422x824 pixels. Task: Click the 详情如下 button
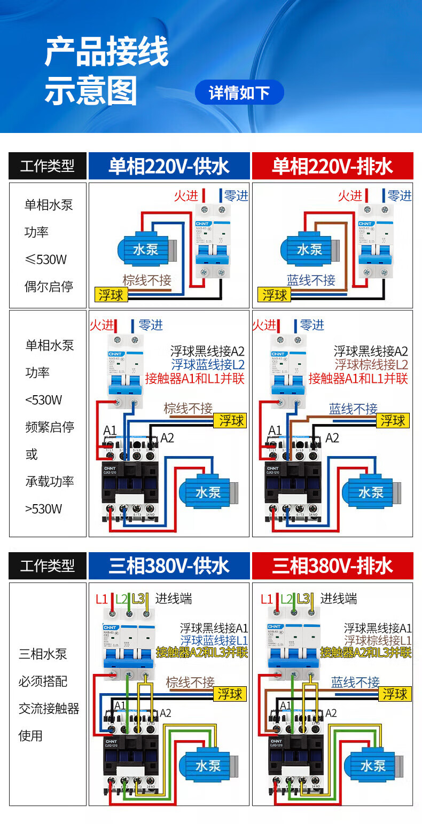coord(239,93)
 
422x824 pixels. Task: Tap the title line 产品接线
coord(106,52)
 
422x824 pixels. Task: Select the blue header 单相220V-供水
coord(169,166)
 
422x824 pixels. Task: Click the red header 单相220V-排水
coord(332,166)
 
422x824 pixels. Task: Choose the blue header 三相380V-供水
coord(169,566)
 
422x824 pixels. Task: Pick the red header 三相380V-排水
coord(332,566)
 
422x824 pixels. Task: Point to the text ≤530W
coord(46,260)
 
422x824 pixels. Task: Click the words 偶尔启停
coord(49,287)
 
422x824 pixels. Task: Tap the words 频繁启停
coord(50,427)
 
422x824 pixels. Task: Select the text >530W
coord(44,508)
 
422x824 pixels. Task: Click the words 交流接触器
coord(49,709)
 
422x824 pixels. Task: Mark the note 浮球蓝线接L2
coord(208,365)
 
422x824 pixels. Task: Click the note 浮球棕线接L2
coord(371,365)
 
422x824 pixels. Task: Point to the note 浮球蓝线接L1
coord(214,640)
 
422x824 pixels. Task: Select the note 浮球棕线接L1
coord(378,640)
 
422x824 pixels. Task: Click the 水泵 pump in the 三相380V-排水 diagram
coord(372,765)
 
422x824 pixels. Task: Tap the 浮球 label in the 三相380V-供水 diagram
coord(230,694)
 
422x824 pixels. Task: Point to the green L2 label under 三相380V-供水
coord(122,599)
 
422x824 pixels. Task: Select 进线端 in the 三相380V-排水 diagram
coord(338,599)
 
